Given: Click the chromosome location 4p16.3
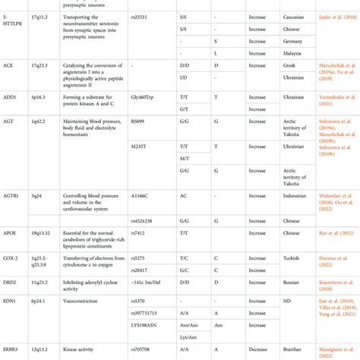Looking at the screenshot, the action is (x=39, y=98).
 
